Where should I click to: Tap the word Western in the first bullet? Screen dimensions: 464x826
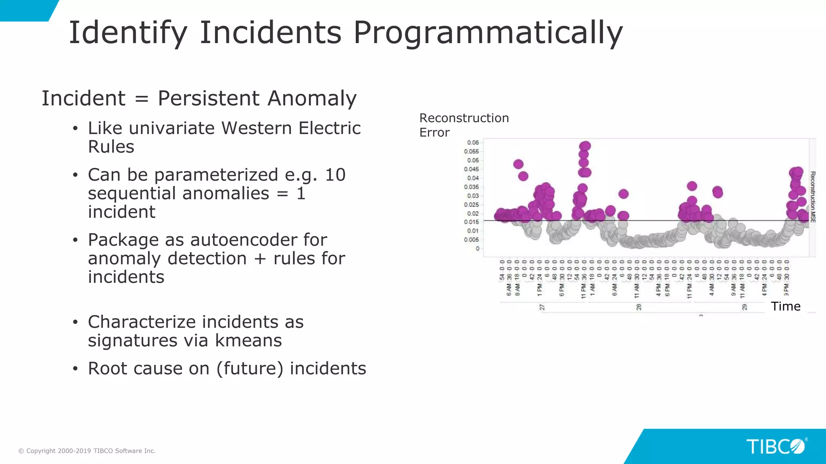257,128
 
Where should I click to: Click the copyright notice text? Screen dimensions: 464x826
87,451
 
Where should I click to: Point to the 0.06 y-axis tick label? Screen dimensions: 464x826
473,143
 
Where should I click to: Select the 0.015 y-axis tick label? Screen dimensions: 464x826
471,222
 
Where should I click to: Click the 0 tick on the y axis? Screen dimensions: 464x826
478,249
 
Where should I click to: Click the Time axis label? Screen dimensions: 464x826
785,307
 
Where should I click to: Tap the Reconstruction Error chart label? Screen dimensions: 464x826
464,125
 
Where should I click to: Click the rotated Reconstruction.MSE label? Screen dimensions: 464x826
813,197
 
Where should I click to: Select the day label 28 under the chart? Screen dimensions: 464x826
639,307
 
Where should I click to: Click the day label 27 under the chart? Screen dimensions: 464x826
542,307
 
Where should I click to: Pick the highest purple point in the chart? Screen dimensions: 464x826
585,146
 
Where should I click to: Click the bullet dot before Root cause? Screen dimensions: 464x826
75,369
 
